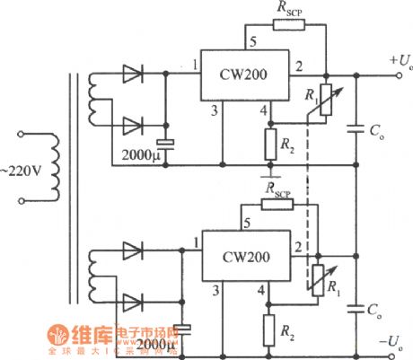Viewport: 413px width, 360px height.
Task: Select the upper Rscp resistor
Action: click(x=289, y=25)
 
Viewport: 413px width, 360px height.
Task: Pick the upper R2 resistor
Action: click(x=267, y=142)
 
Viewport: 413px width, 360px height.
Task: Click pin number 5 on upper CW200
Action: click(x=252, y=40)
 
